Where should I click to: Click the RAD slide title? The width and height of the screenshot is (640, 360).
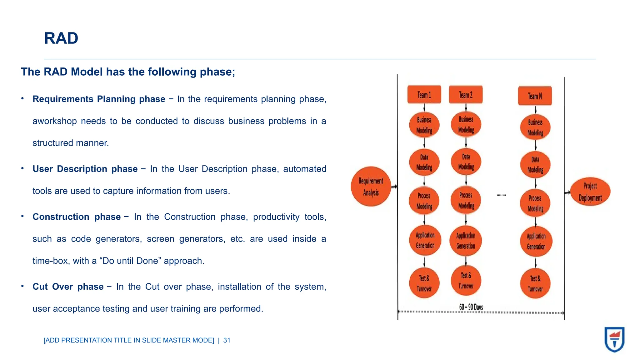pyautogui.click(x=61, y=38)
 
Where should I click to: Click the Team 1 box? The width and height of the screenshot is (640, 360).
pyautogui.click(x=424, y=94)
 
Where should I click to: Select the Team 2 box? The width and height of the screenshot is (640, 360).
pyautogui.click(x=466, y=94)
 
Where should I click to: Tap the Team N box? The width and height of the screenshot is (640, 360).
pyautogui.click(x=535, y=96)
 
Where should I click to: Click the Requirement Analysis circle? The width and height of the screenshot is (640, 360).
pyautogui.click(x=371, y=187)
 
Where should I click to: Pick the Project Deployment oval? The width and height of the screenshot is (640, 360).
pyautogui.click(x=590, y=192)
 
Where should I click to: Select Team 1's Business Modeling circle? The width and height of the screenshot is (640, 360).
pyautogui.click(x=424, y=125)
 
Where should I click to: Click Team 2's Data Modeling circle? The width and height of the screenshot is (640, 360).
pyautogui.click(x=466, y=162)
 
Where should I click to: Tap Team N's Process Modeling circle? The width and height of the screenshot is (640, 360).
pyautogui.click(x=535, y=203)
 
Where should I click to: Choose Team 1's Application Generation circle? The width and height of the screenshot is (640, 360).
pyautogui.click(x=425, y=240)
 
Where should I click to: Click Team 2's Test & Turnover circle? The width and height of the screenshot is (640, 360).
pyautogui.click(x=466, y=281)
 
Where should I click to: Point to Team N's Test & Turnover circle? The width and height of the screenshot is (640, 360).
pyautogui.click(x=535, y=283)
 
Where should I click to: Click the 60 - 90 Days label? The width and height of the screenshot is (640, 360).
pyautogui.click(x=471, y=307)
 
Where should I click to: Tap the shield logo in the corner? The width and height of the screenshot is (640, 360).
pyautogui.click(x=614, y=339)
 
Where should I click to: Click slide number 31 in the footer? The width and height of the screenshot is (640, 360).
pyautogui.click(x=227, y=340)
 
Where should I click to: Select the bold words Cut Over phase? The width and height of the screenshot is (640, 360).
pyautogui.click(x=68, y=287)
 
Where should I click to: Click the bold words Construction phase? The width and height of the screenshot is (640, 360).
pyautogui.click(x=77, y=217)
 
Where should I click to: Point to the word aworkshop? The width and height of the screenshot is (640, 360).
pyautogui.click(x=54, y=121)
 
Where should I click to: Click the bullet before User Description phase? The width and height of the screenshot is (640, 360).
pyautogui.click(x=22, y=168)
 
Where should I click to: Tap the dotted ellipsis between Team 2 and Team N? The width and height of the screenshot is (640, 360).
pyautogui.click(x=501, y=195)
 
